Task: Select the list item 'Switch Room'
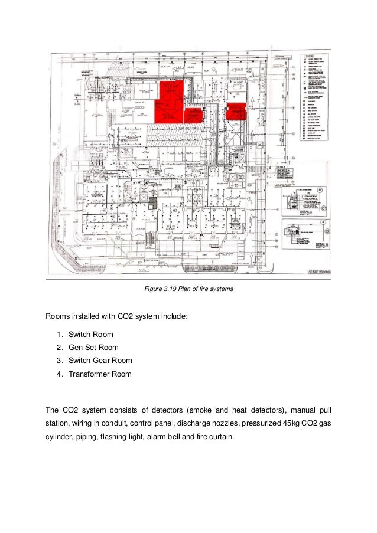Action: [x=90, y=335]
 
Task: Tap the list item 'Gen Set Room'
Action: [x=93, y=348]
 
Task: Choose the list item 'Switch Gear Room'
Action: [x=100, y=361]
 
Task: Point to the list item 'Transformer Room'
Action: [x=100, y=374]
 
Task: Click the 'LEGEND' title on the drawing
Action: [x=311, y=57]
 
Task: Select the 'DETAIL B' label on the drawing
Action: [x=322, y=243]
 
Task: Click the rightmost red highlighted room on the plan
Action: [x=235, y=110]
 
